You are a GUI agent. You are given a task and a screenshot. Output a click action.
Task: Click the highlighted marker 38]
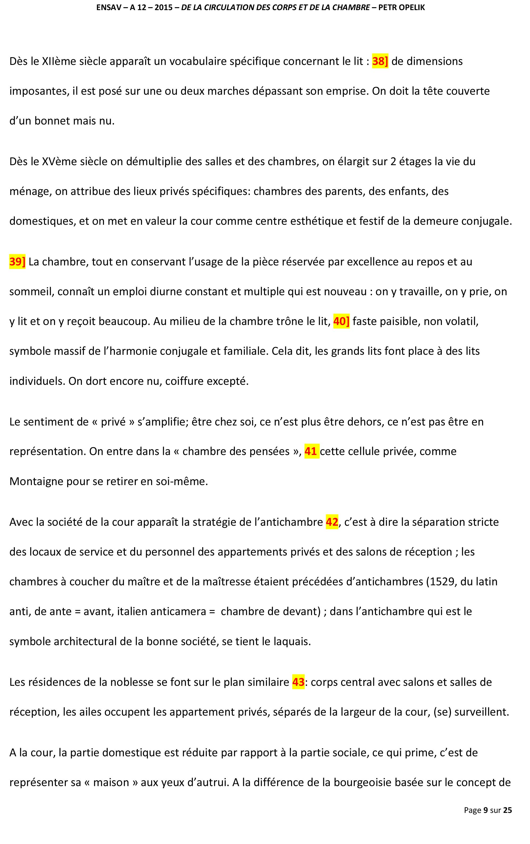click(380, 61)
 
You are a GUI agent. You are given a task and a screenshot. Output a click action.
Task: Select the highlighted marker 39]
click(17, 262)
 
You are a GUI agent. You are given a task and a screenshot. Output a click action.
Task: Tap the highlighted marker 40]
click(341, 321)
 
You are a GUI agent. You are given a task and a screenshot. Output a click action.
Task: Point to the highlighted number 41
click(311, 451)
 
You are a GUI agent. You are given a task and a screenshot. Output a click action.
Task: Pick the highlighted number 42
click(332, 522)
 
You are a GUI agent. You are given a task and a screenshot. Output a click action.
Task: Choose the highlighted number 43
click(298, 682)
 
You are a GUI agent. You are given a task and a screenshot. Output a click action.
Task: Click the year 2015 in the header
click(163, 8)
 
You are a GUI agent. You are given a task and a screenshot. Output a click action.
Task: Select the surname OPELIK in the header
click(412, 8)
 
